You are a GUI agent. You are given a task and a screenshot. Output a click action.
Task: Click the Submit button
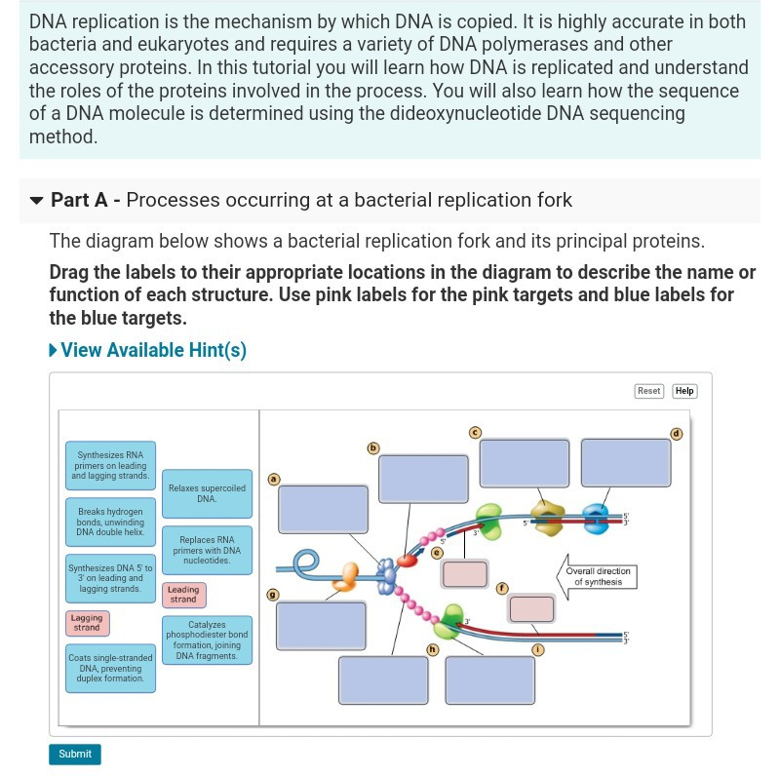[x=75, y=754]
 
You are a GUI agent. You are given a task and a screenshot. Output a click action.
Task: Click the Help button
[x=684, y=391]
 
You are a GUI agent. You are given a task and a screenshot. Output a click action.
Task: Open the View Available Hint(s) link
[x=148, y=350]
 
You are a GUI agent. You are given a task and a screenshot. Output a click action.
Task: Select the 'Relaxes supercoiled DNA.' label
[x=207, y=493]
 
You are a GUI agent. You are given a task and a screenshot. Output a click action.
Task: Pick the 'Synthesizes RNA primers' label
[x=110, y=465]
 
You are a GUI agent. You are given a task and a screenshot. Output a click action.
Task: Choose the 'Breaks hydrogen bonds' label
[x=110, y=522]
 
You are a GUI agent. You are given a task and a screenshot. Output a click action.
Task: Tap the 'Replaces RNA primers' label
[x=207, y=550]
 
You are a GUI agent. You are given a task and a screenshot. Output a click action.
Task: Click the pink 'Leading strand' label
[x=183, y=594]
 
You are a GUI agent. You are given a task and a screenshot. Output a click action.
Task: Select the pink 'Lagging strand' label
[x=87, y=622]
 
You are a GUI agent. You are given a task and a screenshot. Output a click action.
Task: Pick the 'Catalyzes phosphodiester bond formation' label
[x=207, y=640]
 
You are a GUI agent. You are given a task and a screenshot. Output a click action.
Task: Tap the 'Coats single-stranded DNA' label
[x=110, y=668]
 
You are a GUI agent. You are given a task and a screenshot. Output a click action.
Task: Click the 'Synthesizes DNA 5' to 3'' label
[x=110, y=578]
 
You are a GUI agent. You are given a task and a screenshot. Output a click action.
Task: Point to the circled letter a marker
[x=273, y=479]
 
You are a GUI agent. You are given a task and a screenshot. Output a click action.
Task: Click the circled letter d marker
[x=676, y=434]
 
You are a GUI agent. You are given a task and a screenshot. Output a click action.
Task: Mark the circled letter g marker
[x=273, y=594]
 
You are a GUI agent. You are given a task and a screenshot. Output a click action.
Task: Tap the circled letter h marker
[x=432, y=649]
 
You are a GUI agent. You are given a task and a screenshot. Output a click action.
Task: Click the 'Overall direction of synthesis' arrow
[x=596, y=576]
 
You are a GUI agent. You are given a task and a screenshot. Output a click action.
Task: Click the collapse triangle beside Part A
[x=37, y=201]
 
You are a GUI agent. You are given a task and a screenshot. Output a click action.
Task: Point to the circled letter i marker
[x=537, y=649]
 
